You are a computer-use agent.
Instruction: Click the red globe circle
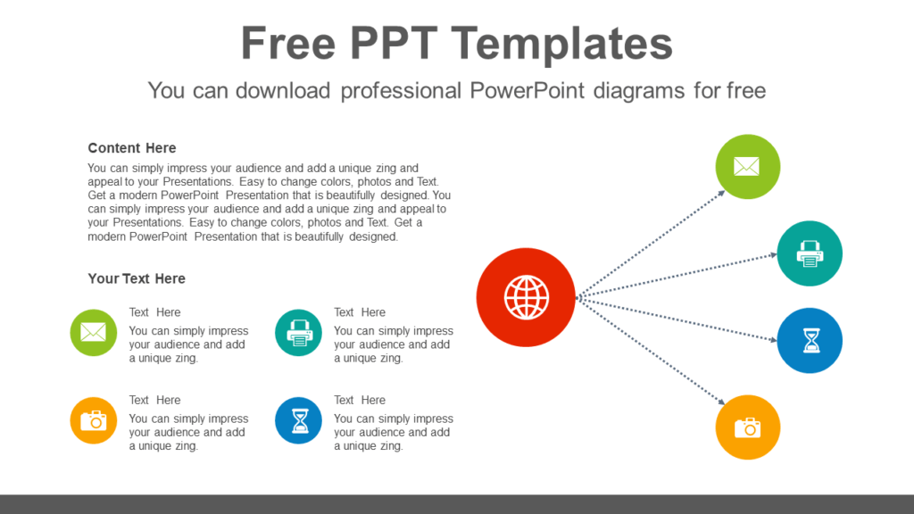pos(527,297)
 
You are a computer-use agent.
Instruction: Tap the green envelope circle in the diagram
pos(747,167)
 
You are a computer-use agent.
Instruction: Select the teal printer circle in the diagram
pos(810,253)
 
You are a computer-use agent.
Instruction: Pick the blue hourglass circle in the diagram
pos(810,341)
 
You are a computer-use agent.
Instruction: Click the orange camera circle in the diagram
pos(747,427)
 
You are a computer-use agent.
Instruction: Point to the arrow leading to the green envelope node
pos(652,242)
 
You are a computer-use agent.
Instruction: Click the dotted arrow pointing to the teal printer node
pos(678,276)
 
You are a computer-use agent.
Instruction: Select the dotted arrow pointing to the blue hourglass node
pos(678,319)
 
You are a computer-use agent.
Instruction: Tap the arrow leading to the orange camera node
pos(652,352)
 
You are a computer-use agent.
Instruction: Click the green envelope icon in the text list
pos(94,333)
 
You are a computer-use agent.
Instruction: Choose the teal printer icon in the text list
pos(299,333)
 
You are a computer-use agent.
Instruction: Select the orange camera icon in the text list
pos(94,420)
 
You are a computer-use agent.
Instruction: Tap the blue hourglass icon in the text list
pos(299,420)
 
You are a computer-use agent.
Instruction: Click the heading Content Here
pos(132,148)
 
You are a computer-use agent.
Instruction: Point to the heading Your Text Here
pos(137,278)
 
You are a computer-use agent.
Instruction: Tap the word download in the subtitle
pos(289,90)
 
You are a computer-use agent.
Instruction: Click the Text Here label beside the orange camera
pos(154,400)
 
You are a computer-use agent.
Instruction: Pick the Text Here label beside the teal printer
pos(360,312)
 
